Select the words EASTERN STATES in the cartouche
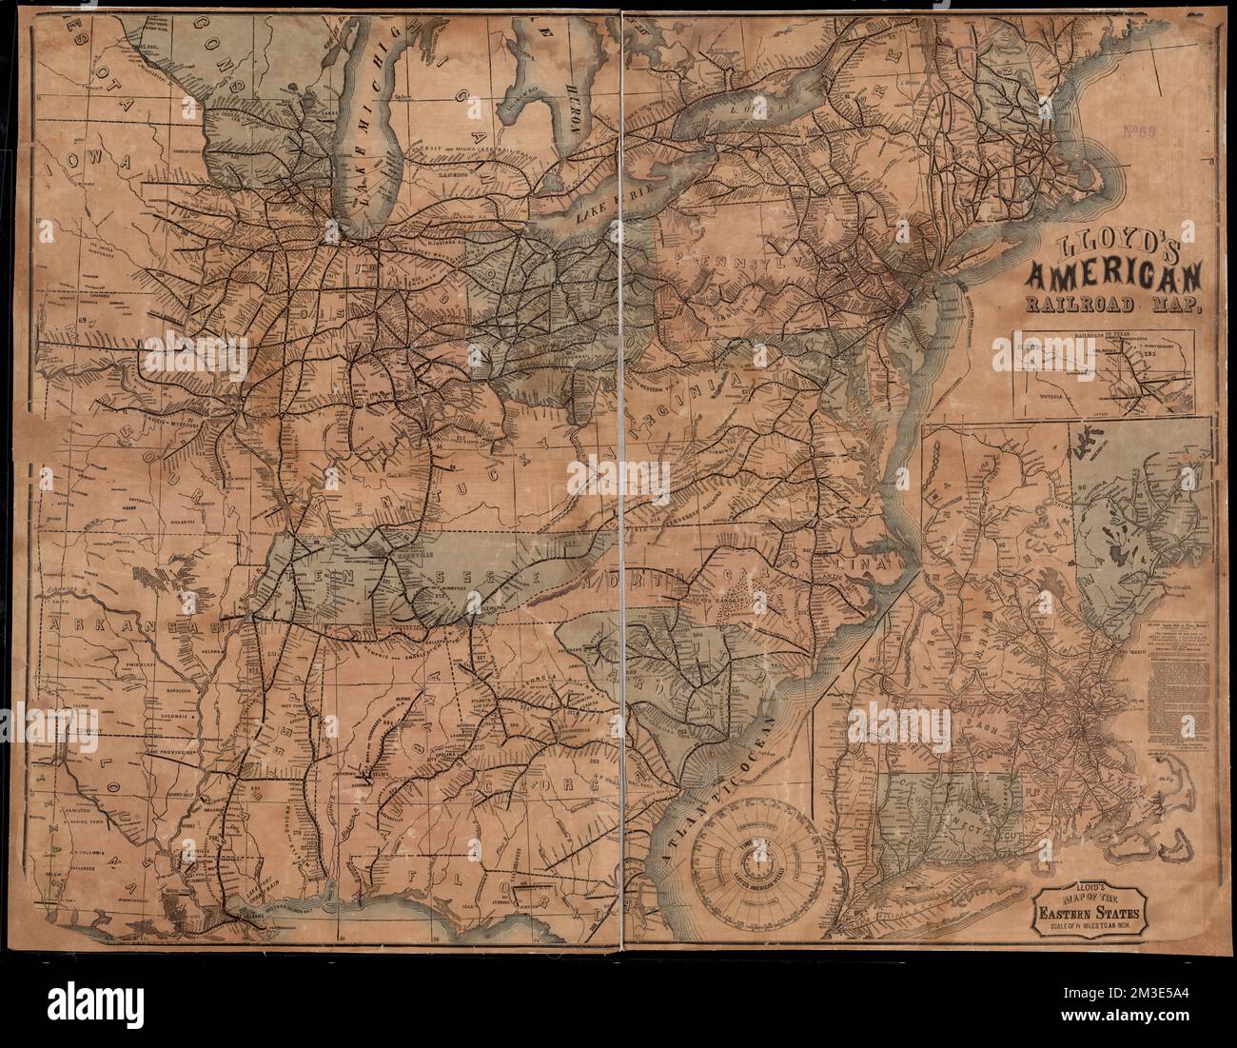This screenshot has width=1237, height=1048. (1089, 917)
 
